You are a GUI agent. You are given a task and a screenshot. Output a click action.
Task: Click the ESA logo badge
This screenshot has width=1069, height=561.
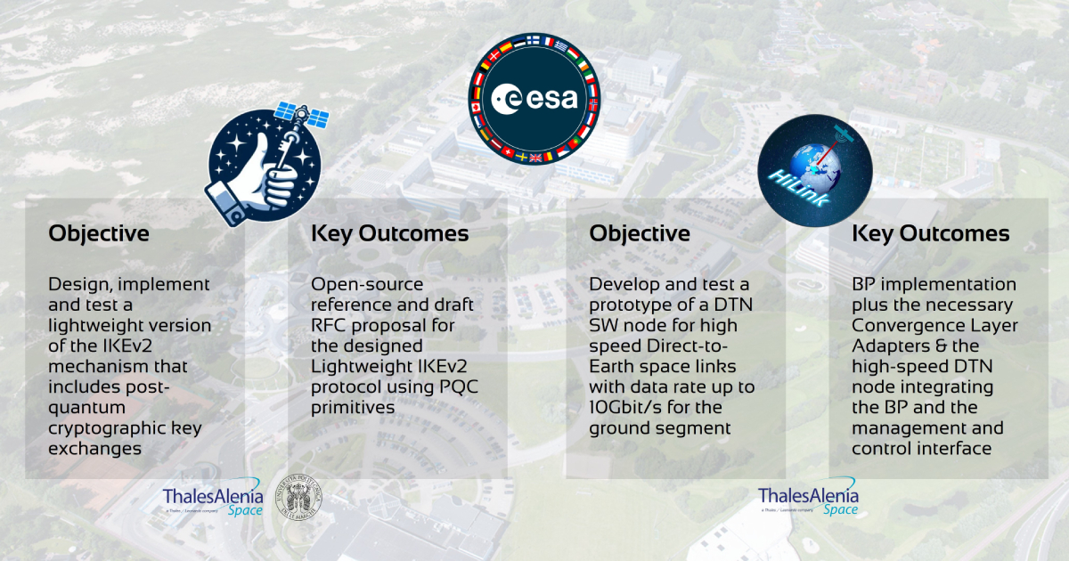coord(534,99)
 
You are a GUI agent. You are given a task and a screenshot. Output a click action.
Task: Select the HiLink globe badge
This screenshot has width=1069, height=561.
coord(815,170)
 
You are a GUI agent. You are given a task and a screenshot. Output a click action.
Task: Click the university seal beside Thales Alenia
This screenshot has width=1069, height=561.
coord(298,497)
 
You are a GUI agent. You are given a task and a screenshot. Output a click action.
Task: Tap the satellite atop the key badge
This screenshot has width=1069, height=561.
coord(302,116)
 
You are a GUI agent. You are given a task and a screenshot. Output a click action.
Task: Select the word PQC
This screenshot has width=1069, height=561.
coord(458,386)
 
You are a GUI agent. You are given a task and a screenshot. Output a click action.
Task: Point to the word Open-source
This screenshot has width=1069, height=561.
coord(367,285)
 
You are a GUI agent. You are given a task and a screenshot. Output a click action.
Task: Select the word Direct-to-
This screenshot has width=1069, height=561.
coord(687,346)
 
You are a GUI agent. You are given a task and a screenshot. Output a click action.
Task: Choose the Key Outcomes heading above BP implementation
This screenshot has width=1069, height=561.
coord(931,233)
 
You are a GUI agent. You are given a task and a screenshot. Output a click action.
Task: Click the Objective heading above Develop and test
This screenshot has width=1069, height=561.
coord(640,233)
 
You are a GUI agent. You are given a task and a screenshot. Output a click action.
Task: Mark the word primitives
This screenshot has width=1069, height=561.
coord(353,408)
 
